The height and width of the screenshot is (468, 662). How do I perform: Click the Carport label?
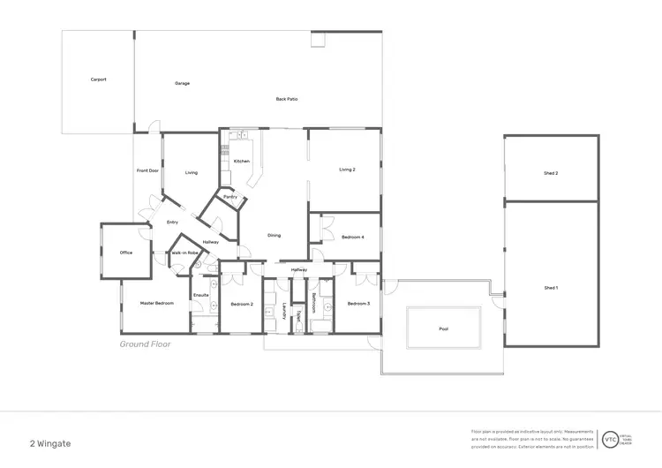[x=99, y=79]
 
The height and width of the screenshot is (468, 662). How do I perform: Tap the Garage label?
[x=182, y=84]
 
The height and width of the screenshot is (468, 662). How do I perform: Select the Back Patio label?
[x=287, y=99]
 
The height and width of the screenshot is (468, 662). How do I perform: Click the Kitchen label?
[x=242, y=161]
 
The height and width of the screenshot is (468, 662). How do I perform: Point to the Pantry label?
[x=230, y=197]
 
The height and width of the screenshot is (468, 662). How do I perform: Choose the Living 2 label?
[x=348, y=170]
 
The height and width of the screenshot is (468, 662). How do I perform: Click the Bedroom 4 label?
[x=353, y=237]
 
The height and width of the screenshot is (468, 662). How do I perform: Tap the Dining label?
[x=275, y=235]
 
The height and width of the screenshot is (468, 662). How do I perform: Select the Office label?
[x=126, y=253]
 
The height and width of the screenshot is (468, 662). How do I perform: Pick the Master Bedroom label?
[x=157, y=303]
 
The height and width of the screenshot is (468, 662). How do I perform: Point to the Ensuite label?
[x=201, y=295]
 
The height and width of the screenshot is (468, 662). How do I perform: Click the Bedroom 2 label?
[x=243, y=304]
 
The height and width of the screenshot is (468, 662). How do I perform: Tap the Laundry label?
[x=284, y=311]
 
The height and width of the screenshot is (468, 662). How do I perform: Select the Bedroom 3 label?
[x=357, y=304]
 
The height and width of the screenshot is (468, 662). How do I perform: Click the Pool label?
[x=443, y=328]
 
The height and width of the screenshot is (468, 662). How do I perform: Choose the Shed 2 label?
[x=551, y=173]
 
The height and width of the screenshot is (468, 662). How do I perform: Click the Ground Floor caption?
[x=145, y=344]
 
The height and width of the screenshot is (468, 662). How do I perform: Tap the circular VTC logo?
[x=610, y=438]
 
